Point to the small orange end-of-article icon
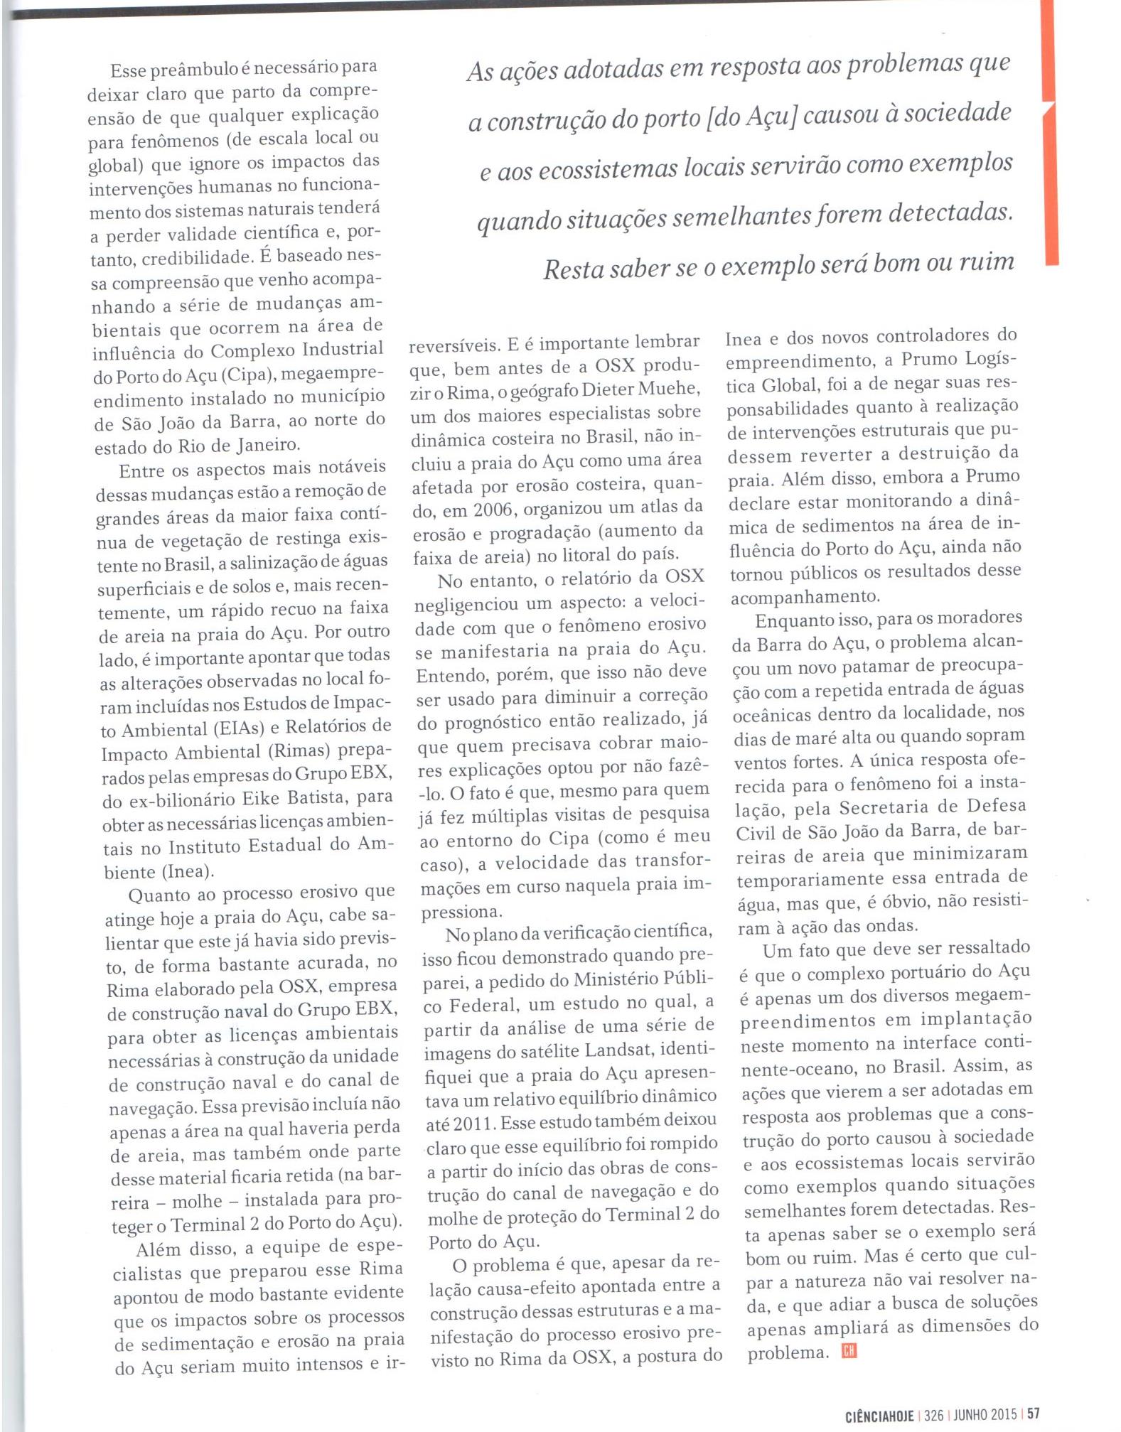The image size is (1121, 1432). click(x=849, y=1351)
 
